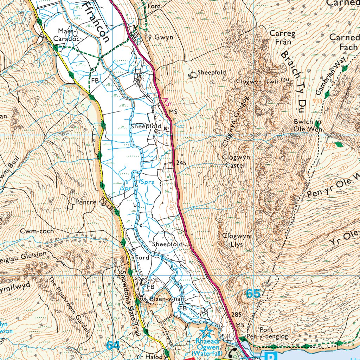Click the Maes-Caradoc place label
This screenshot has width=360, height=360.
click(68, 34)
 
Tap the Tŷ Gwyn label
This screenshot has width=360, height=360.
click(159, 37)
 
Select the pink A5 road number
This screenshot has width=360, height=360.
click(167, 101)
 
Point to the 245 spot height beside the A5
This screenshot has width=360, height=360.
click(181, 163)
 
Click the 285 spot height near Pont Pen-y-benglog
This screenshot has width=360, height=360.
click(237, 314)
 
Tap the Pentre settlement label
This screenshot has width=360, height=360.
click(86, 202)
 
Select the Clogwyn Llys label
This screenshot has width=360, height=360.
click(233, 240)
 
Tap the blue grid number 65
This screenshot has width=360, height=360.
click(253, 294)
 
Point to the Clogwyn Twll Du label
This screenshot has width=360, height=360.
click(262, 81)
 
